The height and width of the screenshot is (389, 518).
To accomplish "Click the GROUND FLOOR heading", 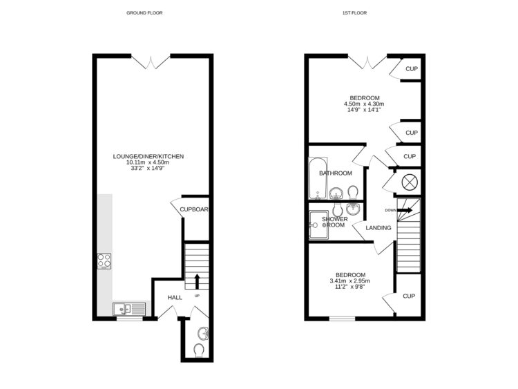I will (x=145, y=13).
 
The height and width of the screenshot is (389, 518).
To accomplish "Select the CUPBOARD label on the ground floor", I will (x=195, y=209).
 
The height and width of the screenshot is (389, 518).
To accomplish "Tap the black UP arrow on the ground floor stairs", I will (x=197, y=281).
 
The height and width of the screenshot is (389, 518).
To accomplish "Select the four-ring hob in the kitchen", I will (x=105, y=260).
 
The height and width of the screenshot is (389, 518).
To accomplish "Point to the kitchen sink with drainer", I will (x=128, y=310).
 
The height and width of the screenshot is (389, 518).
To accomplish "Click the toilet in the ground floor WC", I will (x=200, y=351).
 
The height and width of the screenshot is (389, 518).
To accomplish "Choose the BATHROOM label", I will (x=335, y=173).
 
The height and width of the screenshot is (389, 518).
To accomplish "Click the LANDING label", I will (x=378, y=228).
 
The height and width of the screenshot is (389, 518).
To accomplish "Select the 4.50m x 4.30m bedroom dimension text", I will (x=364, y=104).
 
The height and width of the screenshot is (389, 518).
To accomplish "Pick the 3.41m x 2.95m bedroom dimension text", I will (x=350, y=281).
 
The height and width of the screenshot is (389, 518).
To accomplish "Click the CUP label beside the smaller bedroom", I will (x=409, y=296).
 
